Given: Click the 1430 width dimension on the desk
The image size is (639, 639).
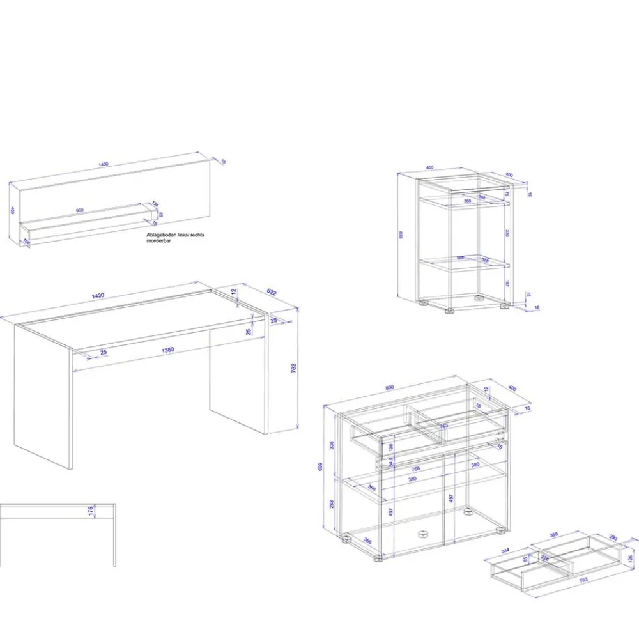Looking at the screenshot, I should [98, 296].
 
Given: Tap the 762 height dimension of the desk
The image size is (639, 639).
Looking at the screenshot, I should [293, 368].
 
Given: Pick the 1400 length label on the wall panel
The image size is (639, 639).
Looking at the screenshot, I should [104, 164].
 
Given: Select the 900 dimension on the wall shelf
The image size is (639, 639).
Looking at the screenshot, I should [79, 210].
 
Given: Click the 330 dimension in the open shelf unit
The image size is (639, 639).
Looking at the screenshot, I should [505, 233].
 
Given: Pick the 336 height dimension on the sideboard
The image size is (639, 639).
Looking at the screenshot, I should [332, 445].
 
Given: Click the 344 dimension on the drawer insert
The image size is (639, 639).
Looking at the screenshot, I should [505, 550].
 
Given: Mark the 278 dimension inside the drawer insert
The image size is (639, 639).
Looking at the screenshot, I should [545, 558].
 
